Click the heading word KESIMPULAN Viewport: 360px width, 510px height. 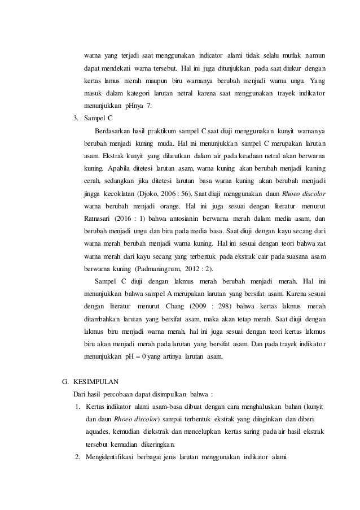coord(95,380)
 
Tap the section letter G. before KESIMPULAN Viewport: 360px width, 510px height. coord(64,380)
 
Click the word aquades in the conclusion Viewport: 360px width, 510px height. coord(98,431)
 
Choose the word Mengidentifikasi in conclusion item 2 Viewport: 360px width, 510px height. coord(109,456)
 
